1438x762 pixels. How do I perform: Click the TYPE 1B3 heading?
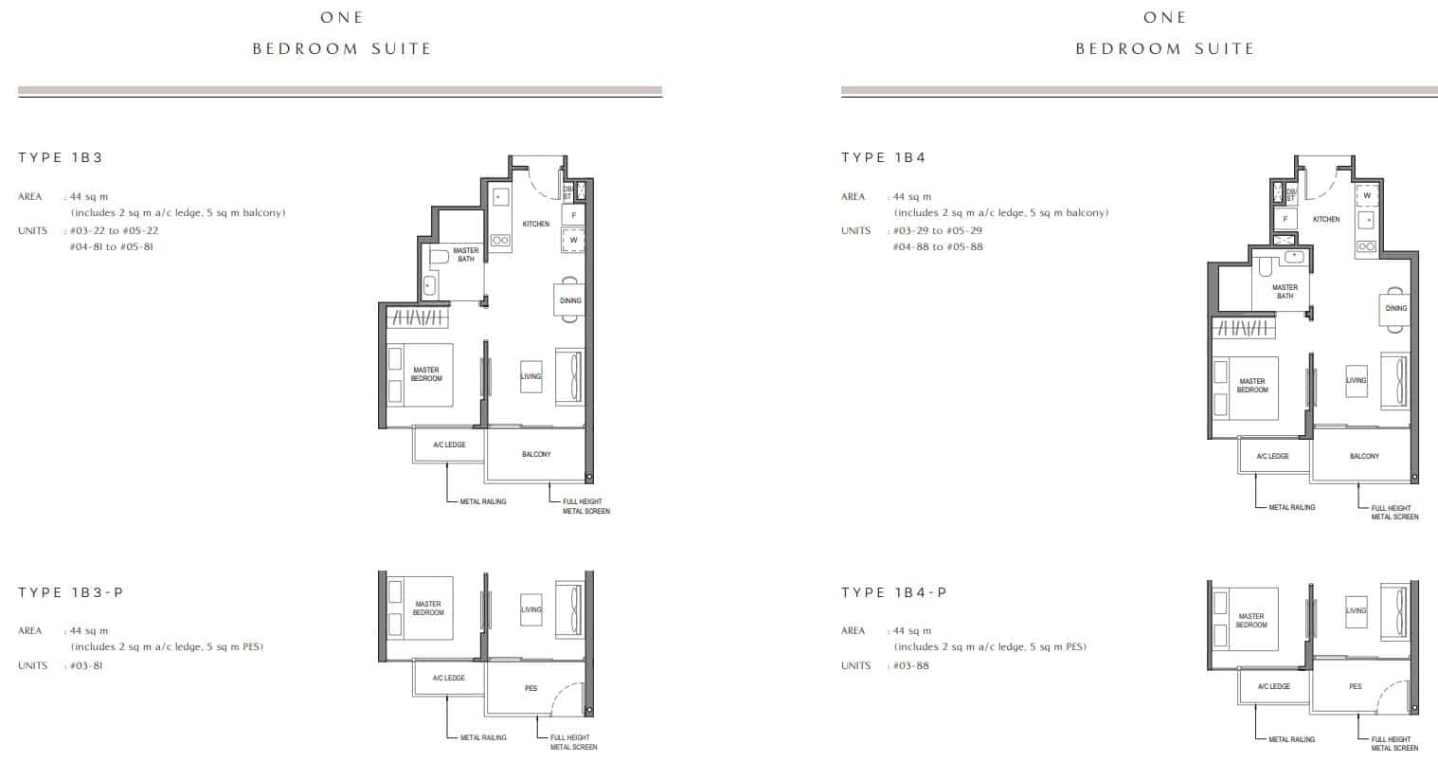point(61,157)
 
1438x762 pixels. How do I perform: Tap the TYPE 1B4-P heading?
point(894,592)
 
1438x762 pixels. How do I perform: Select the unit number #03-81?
point(86,665)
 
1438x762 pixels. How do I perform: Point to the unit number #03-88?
point(911,665)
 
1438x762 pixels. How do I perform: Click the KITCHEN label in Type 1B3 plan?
point(536,224)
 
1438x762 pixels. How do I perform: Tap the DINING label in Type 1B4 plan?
point(1396,308)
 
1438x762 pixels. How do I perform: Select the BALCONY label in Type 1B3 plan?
point(536,454)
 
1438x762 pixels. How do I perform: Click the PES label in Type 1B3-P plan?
point(530,688)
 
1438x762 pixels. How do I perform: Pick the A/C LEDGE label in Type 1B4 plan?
point(1272,456)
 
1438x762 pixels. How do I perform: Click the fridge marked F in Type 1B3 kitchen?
point(573,215)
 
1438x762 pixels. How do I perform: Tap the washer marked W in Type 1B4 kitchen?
point(1367,195)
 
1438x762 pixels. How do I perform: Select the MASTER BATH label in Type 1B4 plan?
point(1285,292)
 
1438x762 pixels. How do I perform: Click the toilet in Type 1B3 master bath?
point(440,257)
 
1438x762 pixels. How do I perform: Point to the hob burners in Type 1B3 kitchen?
point(500,241)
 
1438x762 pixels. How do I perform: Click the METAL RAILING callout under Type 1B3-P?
point(483,737)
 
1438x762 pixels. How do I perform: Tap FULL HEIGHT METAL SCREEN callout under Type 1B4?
point(1395,512)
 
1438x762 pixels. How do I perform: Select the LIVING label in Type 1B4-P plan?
point(1356,610)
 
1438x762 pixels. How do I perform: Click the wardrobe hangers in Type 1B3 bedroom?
point(418,317)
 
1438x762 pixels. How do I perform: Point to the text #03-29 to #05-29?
point(938,230)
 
